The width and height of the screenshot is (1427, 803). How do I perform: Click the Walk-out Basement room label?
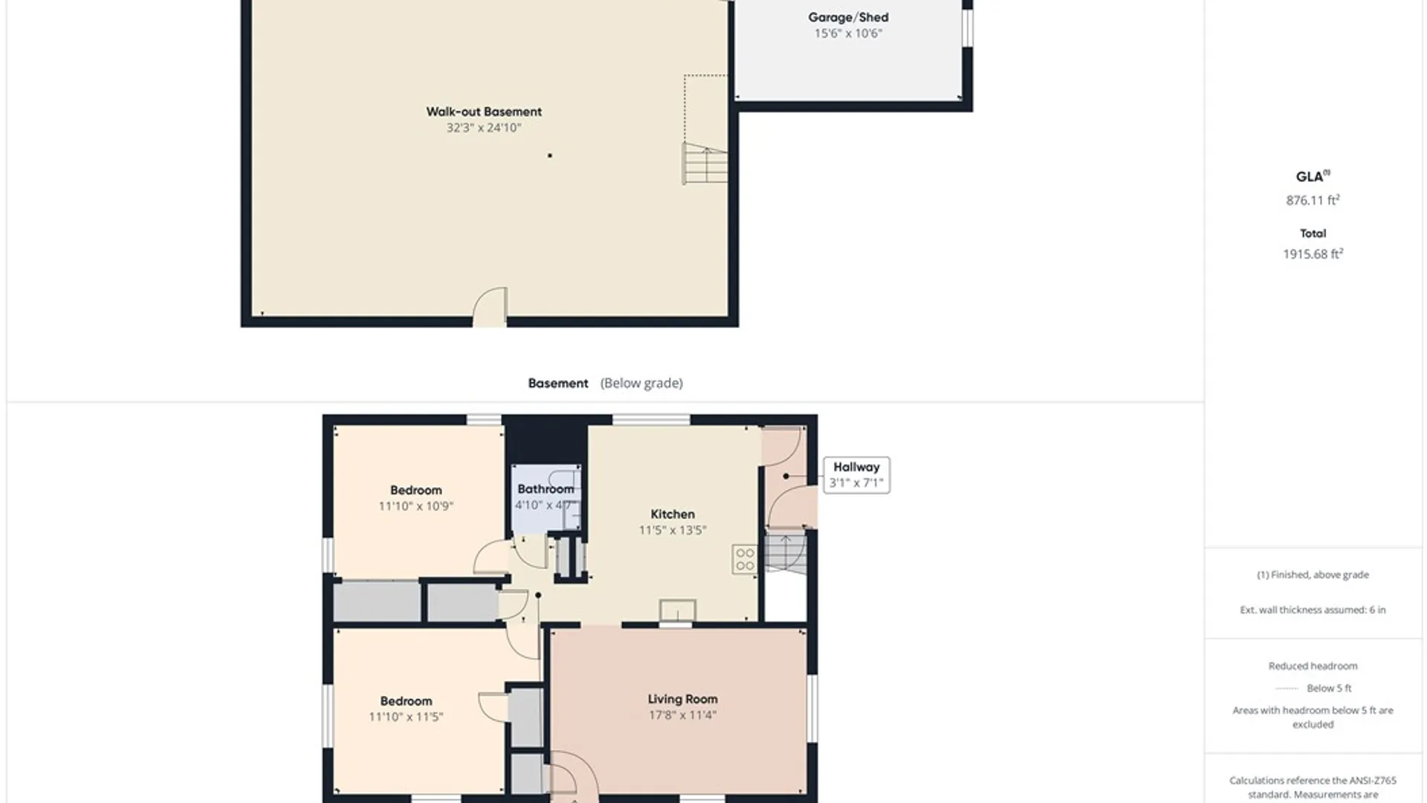(x=484, y=112)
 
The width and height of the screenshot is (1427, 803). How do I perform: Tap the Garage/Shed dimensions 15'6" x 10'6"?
(x=848, y=33)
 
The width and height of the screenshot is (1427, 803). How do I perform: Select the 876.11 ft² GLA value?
(x=1313, y=200)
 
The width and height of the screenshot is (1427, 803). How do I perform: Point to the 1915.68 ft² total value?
(x=1313, y=254)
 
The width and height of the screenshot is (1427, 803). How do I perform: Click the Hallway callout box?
(x=856, y=475)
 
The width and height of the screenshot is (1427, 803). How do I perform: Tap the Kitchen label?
(x=673, y=514)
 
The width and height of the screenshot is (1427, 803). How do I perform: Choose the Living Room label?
(x=682, y=699)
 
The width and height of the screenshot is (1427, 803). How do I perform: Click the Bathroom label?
(x=546, y=488)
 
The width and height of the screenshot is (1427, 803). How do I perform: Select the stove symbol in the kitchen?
(x=745, y=559)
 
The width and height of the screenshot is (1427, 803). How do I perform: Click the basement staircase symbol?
(x=705, y=164)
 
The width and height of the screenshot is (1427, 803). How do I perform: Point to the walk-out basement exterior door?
(x=491, y=307)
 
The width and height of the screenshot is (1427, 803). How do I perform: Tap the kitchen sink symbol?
(x=677, y=610)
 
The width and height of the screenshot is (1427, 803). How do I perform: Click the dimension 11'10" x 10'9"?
(x=415, y=506)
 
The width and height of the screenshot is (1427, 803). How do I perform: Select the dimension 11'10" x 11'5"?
(x=406, y=717)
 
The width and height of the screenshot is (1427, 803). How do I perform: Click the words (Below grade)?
(x=641, y=383)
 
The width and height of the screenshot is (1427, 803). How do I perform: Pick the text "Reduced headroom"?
(x=1313, y=666)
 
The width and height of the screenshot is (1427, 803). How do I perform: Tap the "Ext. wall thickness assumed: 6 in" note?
(x=1313, y=610)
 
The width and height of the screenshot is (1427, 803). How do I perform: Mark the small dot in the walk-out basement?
(x=550, y=155)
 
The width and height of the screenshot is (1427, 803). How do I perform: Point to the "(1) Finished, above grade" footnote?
(x=1313, y=575)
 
